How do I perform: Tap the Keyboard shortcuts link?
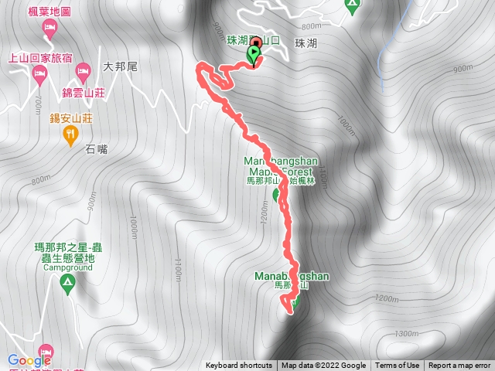(238, 366)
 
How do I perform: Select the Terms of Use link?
(398, 366)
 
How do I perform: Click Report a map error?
(459, 366)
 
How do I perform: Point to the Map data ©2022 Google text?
(323, 366)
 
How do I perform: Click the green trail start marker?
(254, 54)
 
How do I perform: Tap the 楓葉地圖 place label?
(49, 12)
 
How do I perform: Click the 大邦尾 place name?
(120, 67)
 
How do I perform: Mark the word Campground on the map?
(66, 267)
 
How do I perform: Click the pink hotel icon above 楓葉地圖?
(49, 29)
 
